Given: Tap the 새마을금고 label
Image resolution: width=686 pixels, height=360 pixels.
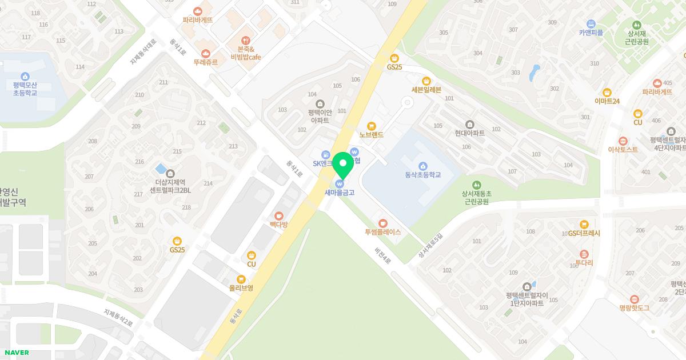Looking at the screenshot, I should pyautogui.click(x=340, y=193).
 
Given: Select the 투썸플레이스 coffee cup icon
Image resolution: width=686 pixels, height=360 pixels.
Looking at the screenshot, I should pyautogui.click(x=382, y=223).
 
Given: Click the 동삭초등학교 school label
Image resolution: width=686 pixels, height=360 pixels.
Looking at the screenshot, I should pyautogui.click(x=422, y=175).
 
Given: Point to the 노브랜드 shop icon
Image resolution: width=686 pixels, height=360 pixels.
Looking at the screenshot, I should pyautogui.click(x=372, y=126).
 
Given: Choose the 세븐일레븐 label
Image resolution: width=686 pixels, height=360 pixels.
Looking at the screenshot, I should pyautogui.click(x=426, y=90).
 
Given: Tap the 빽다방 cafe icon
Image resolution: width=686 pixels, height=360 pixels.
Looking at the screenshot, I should pyautogui.click(x=279, y=215).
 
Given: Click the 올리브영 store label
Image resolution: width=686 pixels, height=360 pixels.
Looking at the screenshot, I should pyautogui.click(x=241, y=288).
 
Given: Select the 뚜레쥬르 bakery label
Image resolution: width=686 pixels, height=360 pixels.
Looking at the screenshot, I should pyautogui.click(x=205, y=62).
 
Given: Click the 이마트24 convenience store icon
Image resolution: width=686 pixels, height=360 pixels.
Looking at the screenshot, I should pyautogui.click(x=607, y=92).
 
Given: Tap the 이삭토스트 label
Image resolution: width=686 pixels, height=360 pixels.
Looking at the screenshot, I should pyautogui.click(x=623, y=150).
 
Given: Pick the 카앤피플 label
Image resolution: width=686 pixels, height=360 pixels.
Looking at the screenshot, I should pyautogui.click(x=591, y=33).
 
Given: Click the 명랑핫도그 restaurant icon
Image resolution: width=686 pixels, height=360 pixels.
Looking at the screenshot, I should pyautogui.click(x=634, y=299).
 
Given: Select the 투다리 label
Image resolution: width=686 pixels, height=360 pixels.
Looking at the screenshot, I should pyautogui.click(x=584, y=263).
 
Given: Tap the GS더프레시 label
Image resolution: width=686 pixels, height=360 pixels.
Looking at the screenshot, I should pyautogui.click(x=584, y=234).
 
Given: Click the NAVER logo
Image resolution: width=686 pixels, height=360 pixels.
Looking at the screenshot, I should pyautogui.click(x=15, y=353).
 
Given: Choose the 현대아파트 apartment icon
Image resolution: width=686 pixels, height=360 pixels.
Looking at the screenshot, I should pyautogui.click(x=470, y=124).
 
